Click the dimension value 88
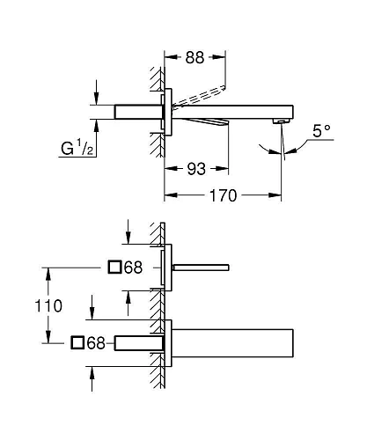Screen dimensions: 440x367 pos(195,58)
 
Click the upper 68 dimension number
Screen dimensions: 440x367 pos(133,268)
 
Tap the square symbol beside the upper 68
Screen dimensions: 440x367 pos(114,268)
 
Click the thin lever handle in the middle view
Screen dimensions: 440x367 pos(202,266)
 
